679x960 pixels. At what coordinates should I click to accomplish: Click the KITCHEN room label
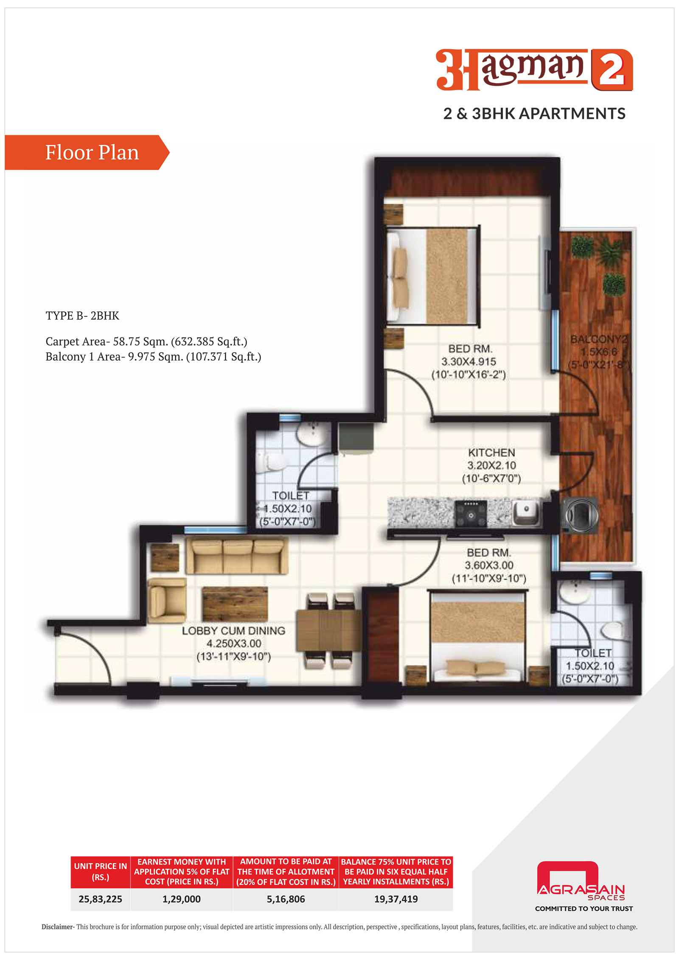coord(491,453)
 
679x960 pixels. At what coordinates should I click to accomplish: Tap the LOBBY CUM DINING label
coord(233,631)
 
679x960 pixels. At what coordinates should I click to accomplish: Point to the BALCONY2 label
coord(598,339)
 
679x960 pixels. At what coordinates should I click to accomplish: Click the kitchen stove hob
coord(471,514)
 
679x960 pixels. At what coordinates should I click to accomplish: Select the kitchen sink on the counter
coord(525,511)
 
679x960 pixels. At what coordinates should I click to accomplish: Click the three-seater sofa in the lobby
coord(236,555)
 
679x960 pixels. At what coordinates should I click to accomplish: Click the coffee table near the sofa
coord(235,604)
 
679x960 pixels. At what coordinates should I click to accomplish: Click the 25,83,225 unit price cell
coord(100,899)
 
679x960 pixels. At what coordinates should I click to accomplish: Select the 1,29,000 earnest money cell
coord(182,899)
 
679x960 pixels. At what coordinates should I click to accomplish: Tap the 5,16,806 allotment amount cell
coord(286,899)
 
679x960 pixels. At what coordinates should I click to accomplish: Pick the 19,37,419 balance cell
coord(396,899)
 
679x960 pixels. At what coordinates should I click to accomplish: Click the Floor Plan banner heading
coord(92,152)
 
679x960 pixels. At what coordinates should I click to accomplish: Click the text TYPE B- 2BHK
coord(82,316)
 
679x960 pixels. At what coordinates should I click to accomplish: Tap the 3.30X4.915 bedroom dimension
coord(469,362)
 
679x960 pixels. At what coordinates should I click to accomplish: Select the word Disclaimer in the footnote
coord(57,926)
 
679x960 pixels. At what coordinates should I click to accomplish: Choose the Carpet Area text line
coord(146,341)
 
